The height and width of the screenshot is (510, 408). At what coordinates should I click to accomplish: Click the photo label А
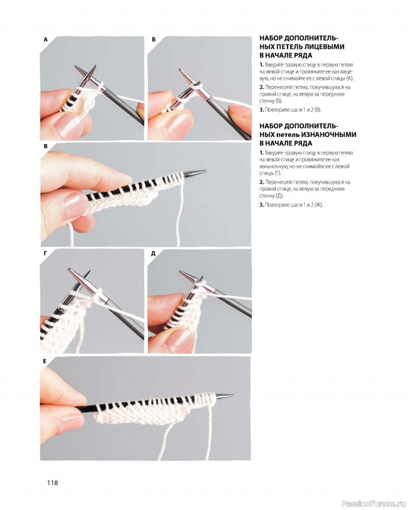tap(45, 40)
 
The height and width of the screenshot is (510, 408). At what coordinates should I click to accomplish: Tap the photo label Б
tap(154, 40)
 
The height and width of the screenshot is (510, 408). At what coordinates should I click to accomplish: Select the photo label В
tap(45, 147)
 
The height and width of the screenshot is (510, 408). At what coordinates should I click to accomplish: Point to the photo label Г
tap(45, 254)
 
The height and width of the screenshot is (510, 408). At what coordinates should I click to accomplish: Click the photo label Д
tap(153, 254)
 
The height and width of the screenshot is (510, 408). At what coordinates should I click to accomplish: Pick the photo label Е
tap(45, 361)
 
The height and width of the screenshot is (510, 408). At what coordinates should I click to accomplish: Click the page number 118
tap(52, 483)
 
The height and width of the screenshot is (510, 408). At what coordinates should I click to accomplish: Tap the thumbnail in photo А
tap(69, 126)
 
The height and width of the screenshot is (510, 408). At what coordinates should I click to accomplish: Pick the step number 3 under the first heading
tap(261, 110)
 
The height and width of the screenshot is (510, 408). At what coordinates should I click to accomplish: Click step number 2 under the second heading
tap(261, 182)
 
